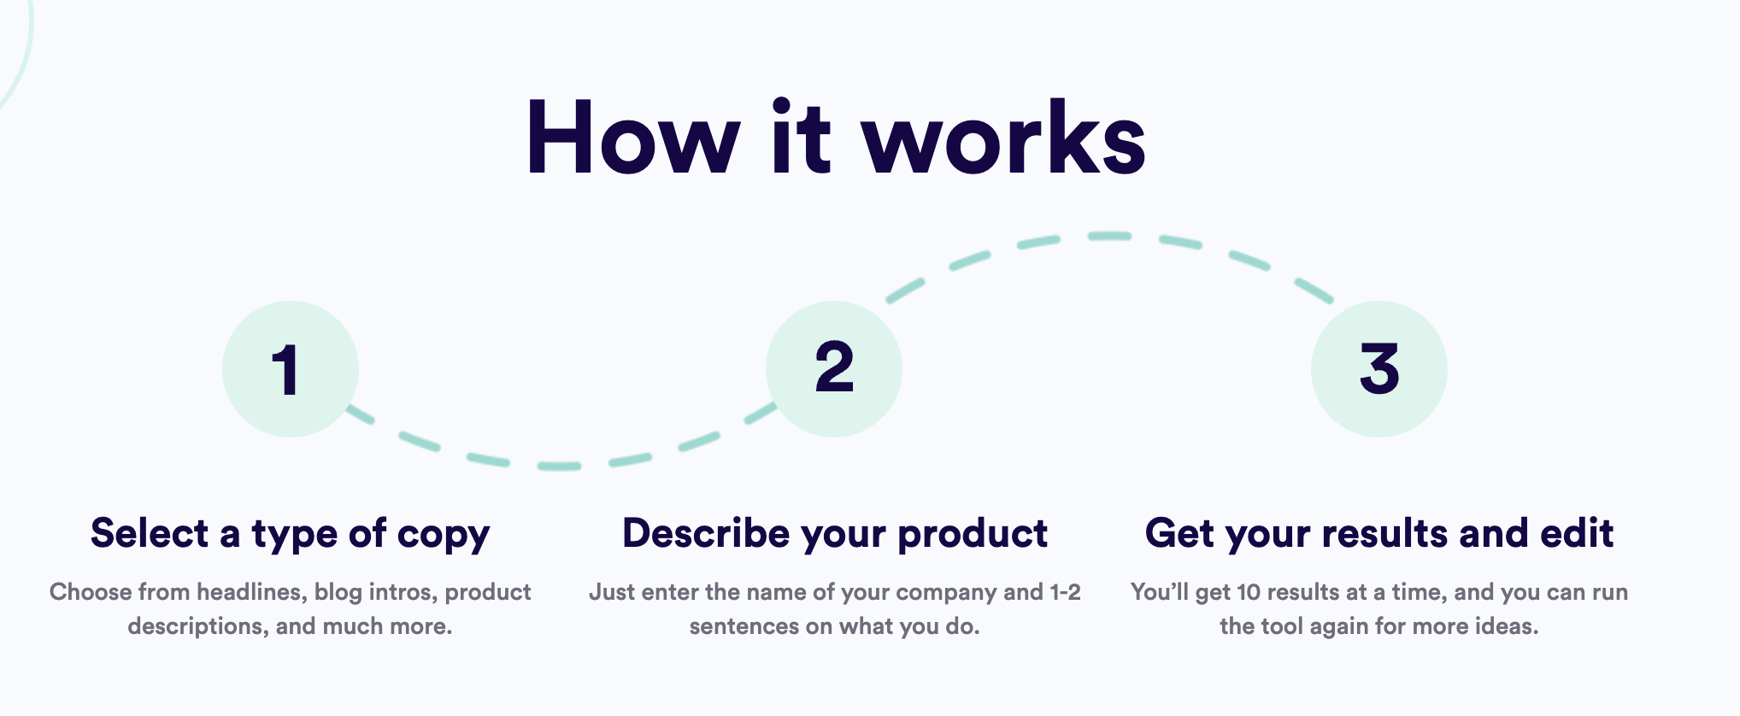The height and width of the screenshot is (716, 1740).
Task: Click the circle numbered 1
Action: (290, 369)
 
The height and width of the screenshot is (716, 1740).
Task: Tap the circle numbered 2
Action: (833, 369)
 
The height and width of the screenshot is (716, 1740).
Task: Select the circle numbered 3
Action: (1378, 369)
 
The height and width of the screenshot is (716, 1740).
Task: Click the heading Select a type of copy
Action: (290, 534)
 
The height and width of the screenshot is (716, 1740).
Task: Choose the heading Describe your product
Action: (834, 534)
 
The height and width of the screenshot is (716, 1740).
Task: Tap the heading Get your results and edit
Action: (1378, 534)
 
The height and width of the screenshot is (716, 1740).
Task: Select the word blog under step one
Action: (338, 592)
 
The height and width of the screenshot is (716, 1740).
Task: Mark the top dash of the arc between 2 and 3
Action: (1109, 236)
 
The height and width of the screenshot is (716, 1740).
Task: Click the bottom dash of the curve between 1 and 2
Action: (559, 466)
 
